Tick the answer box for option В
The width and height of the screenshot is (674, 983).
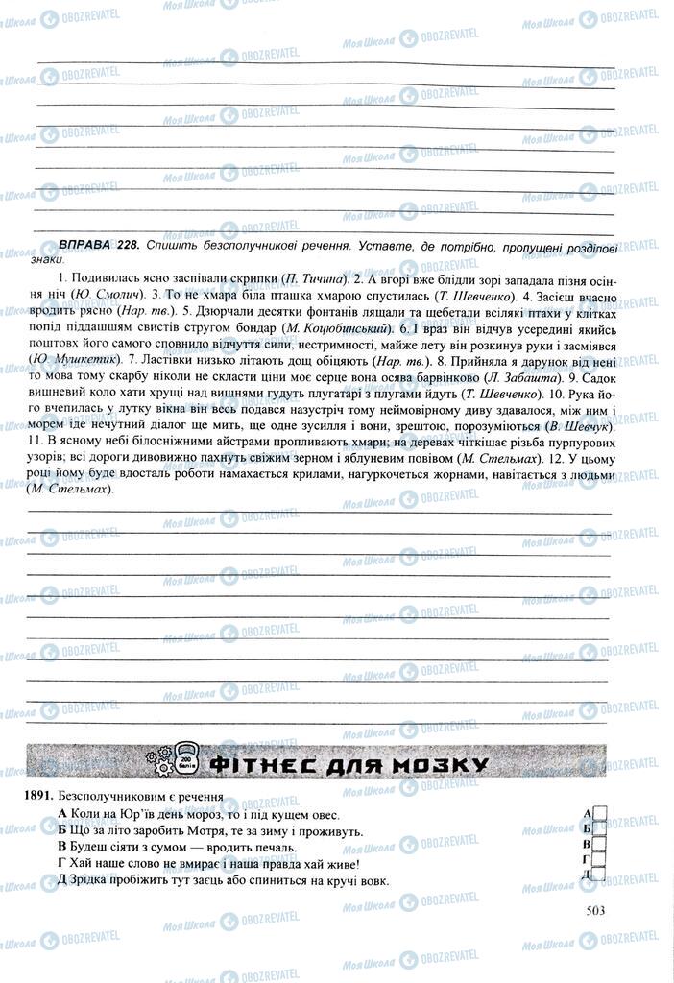click(598, 844)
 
